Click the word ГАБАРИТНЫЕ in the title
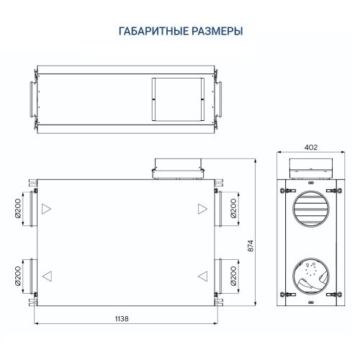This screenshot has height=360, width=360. click(153, 31)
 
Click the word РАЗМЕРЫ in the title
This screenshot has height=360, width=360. click(217, 31)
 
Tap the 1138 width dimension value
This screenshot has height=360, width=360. click(127, 318)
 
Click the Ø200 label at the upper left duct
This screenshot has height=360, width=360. click(18, 209)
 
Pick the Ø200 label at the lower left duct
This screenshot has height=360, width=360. click(18, 275)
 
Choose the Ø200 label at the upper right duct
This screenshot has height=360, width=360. click(233, 209)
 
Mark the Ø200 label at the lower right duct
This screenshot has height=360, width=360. click(233, 275)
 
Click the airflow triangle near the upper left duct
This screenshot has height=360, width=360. click(47, 210)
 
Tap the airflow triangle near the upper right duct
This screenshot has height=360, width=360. click(202, 209)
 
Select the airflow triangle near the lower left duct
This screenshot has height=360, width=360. click(47, 275)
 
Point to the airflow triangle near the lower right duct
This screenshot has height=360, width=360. click(203, 275)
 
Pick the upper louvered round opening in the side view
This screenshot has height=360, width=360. click(311, 208)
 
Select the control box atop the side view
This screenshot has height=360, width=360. click(311, 168)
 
